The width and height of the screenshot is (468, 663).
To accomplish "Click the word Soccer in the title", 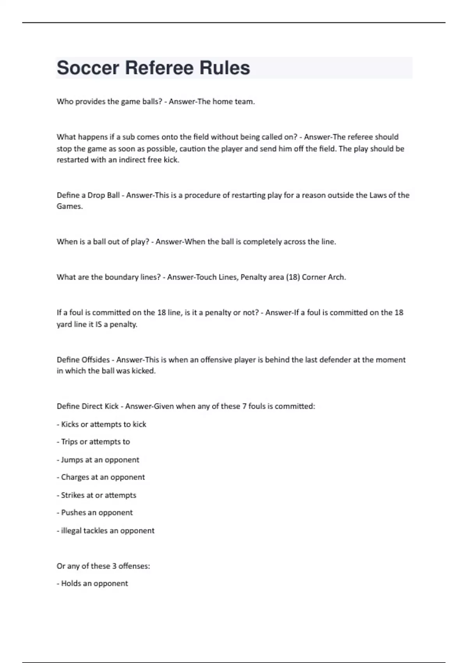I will point(88,68).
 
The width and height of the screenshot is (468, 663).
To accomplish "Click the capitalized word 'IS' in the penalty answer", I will point(98,324).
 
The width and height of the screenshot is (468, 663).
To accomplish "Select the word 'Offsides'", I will point(96,360).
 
